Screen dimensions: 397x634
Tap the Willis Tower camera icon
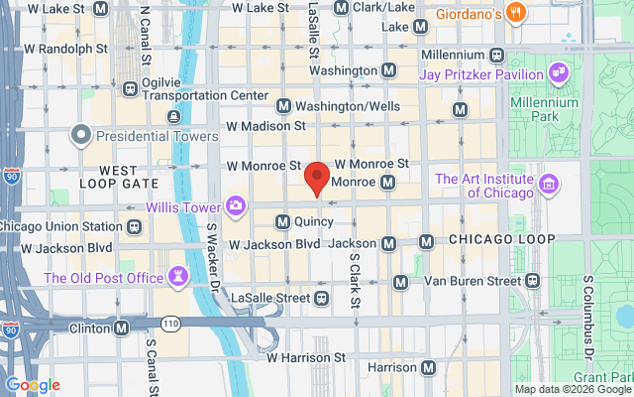[236, 206]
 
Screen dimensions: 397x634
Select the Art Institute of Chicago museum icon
[546, 185]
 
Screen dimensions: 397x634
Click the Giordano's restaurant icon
[515, 14]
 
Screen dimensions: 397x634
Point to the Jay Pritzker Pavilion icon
[559, 72]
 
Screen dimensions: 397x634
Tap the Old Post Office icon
[177, 273]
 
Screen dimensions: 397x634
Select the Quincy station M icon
[282, 220]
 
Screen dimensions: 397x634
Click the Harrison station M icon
[428, 368]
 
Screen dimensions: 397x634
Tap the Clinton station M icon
[121, 327]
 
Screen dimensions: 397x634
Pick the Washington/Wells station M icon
[283, 105]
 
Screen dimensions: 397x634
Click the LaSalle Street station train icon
[321, 298]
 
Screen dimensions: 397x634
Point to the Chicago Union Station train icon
[132, 226]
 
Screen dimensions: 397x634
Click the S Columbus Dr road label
[587, 318]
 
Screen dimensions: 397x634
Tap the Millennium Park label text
[544, 109]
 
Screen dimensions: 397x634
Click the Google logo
[33, 385]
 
